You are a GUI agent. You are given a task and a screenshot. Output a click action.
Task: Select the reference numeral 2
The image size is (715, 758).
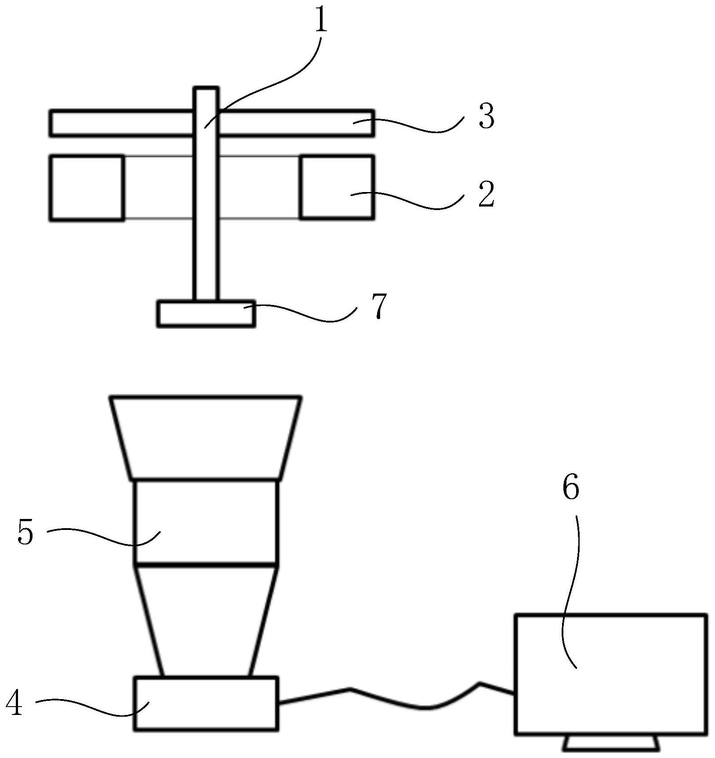click(x=486, y=194)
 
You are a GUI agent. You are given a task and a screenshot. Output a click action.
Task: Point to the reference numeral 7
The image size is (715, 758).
click(x=378, y=306)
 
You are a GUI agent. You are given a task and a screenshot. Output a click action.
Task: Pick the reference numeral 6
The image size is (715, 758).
click(x=571, y=488)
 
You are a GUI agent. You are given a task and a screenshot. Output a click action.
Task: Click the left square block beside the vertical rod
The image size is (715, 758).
click(x=87, y=187)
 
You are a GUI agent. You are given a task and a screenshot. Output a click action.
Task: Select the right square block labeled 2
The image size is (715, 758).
click(x=337, y=187)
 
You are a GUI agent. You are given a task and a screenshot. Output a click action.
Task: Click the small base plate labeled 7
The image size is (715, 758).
click(x=206, y=314)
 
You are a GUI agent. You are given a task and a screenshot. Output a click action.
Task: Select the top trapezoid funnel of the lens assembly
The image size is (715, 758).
click(x=206, y=438)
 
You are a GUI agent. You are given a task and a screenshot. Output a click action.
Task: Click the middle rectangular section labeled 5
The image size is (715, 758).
click(x=206, y=522)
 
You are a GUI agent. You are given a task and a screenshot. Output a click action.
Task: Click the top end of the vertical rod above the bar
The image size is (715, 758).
click(x=206, y=88)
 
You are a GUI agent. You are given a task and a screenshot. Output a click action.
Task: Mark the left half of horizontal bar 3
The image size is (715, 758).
click(x=121, y=123)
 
